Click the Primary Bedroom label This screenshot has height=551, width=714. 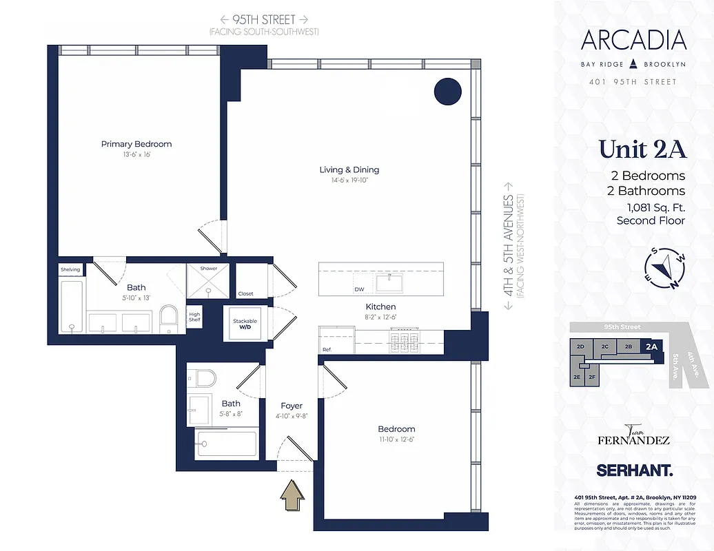click(x=136, y=144)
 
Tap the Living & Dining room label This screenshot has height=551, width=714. click(x=349, y=169)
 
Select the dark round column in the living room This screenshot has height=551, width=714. click(x=447, y=91)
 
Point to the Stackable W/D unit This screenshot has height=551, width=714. click(x=245, y=324)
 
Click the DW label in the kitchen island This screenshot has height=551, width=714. click(x=359, y=290)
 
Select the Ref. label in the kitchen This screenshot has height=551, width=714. click(x=327, y=350)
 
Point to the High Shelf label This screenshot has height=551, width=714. click(x=195, y=318)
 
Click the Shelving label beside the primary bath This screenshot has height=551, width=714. click(x=70, y=269)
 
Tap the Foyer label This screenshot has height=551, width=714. click(x=292, y=406)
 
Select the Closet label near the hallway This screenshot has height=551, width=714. click(x=245, y=293)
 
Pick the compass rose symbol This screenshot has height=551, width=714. click(x=666, y=267)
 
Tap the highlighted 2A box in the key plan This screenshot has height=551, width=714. click(x=651, y=347)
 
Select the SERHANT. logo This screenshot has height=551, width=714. click(x=633, y=470)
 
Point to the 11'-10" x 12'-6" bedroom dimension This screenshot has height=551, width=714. click(x=396, y=439)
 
